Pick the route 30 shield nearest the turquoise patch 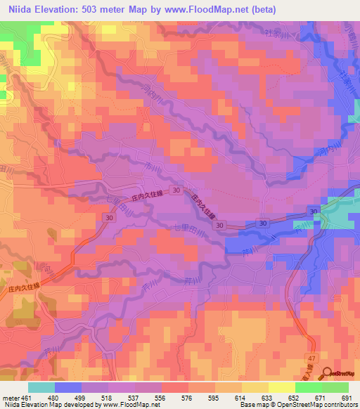(313, 212)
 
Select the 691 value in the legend (347, 397)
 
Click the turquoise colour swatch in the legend (41, 387)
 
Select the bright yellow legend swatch (281, 387)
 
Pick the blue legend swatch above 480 (68, 387)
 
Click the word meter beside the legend (11, 397)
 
